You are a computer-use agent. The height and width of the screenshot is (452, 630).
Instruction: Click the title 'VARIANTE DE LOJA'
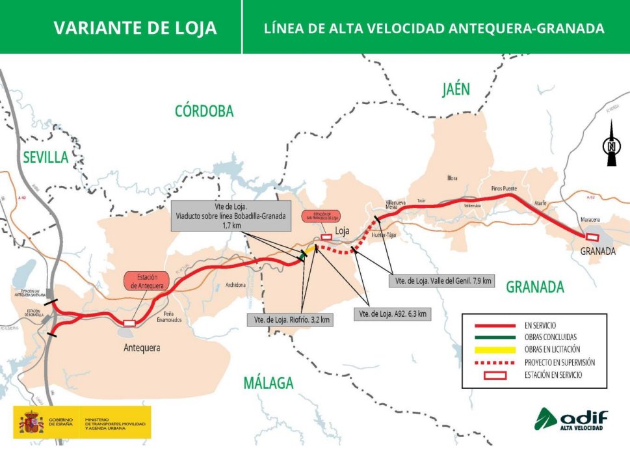pos(135,28)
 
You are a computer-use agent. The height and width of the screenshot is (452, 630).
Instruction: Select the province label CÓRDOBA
pos(203,111)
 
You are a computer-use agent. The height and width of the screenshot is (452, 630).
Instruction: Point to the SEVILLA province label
pos(45,157)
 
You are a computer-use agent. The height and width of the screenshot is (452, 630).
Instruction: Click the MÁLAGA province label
pos(269,383)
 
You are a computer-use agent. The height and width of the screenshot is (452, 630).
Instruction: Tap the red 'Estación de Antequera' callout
pos(146,280)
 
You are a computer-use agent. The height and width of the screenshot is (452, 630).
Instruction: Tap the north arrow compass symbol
pos(610,148)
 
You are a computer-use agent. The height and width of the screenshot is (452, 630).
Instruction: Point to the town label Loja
pos(343,231)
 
